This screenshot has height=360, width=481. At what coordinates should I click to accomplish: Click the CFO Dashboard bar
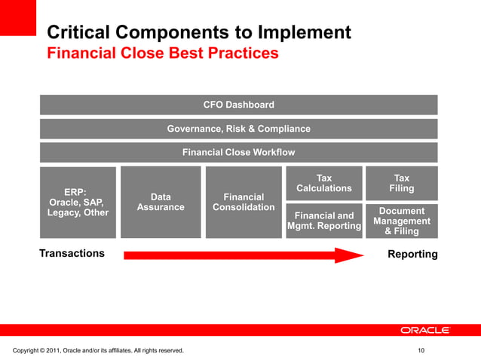[x=238, y=105]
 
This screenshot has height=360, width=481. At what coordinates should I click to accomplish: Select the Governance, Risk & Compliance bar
[x=238, y=129]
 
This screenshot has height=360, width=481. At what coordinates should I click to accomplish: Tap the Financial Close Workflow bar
[x=238, y=153]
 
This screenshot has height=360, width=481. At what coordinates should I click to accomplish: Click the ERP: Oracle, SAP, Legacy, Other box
[x=78, y=202]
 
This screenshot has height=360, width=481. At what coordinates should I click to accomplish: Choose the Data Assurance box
[x=160, y=202]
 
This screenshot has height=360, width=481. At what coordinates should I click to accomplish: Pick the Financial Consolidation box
[x=243, y=202]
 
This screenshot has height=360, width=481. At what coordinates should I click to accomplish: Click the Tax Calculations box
[x=323, y=183]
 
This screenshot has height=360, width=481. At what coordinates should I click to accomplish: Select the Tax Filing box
[x=401, y=183]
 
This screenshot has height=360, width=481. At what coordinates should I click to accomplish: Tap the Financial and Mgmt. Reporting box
[x=323, y=221]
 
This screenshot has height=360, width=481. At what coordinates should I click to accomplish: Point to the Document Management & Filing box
[x=401, y=221]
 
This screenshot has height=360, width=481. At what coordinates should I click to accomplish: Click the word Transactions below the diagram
[x=72, y=254]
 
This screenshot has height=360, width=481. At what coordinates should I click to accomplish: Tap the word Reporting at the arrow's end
[x=412, y=255]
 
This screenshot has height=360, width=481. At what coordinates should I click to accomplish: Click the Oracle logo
[x=424, y=330]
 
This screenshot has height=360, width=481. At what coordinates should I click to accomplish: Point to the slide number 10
[x=421, y=351]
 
